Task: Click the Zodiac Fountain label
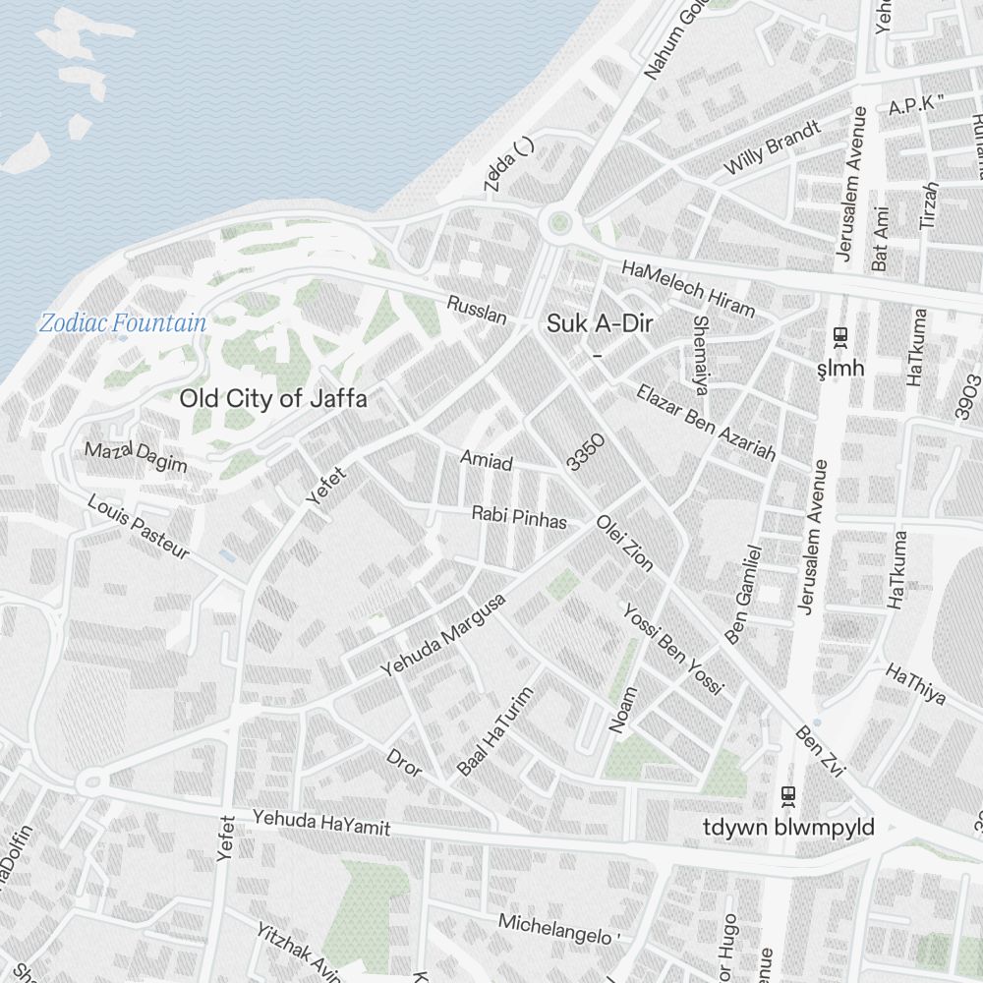point(123,322)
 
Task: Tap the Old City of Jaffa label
point(273,399)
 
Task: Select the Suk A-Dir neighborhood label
point(601,323)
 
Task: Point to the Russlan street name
point(477,310)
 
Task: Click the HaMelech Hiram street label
point(688,289)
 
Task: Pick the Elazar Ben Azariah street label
point(706,423)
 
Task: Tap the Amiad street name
point(487,459)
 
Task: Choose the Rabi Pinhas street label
point(519,517)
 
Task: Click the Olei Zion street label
point(624,542)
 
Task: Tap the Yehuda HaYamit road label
point(320,823)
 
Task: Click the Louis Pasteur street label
point(138,527)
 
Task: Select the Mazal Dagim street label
point(136,457)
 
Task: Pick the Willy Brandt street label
point(772,148)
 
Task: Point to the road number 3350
point(585,451)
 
